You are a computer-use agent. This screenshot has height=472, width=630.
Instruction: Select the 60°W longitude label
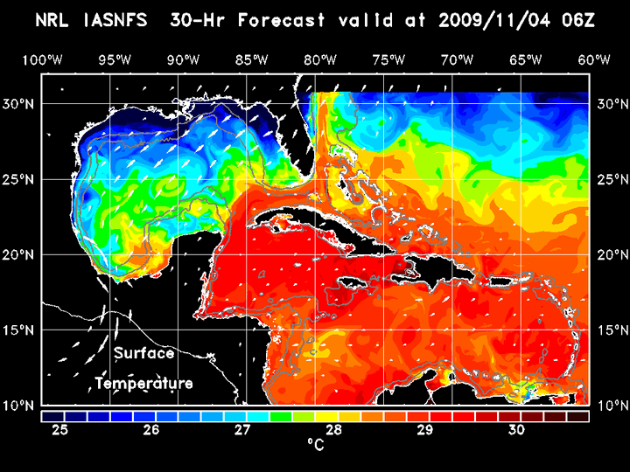tap(595, 59)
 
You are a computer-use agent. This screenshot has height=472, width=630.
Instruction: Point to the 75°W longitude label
tap(388, 59)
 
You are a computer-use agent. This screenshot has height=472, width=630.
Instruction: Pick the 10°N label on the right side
tap(611, 406)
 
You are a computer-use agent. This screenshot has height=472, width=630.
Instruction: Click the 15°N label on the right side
tap(611, 330)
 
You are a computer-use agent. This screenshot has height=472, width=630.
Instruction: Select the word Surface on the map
tap(144, 354)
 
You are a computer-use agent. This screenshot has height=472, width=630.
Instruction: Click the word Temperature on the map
tap(144, 384)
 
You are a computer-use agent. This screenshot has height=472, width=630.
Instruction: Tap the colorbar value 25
tap(60, 430)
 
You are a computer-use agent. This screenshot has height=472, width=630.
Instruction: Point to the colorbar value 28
tap(333, 430)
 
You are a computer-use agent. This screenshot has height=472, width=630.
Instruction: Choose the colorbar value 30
tap(515, 430)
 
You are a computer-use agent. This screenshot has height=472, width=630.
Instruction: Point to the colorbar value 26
tap(151, 430)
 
